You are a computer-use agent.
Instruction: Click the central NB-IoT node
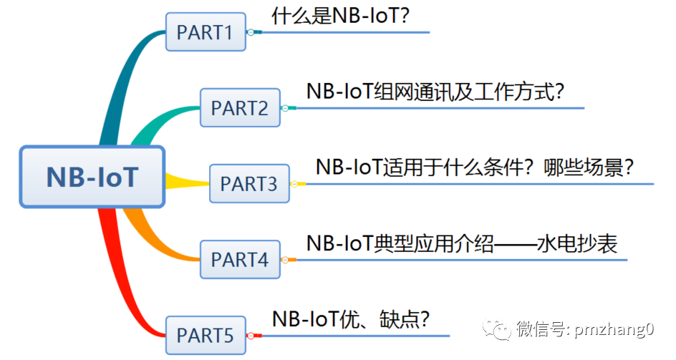(92, 177)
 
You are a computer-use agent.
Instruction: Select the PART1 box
(206, 32)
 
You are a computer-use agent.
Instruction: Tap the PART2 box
(240, 108)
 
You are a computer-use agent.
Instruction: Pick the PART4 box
(240, 260)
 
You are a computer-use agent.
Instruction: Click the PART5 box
(206, 335)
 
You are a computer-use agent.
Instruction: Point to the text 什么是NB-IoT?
(341, 15)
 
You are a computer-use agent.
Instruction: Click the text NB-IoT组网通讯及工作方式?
(436, 91)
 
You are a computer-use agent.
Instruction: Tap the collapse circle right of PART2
(285, 108)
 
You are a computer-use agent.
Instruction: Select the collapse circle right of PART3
(294, 184)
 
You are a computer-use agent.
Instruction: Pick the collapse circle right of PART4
(285, 260)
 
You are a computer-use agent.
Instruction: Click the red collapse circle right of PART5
(250, 335)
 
